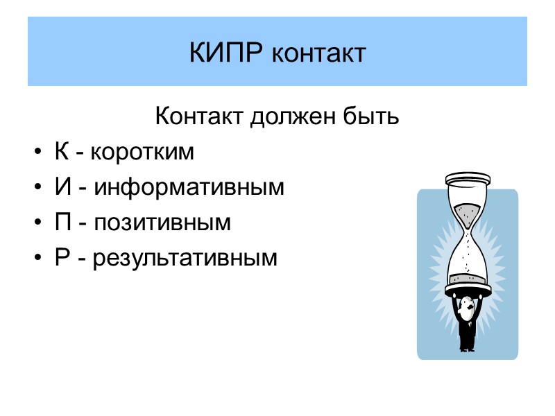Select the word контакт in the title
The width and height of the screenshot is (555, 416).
coord(318,53)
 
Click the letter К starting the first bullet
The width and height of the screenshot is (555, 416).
coord(61,152)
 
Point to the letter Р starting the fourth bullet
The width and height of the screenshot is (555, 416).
coord(61,259)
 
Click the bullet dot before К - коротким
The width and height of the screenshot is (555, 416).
coord(36,153)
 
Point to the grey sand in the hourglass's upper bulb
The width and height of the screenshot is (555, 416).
coord(467,210)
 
